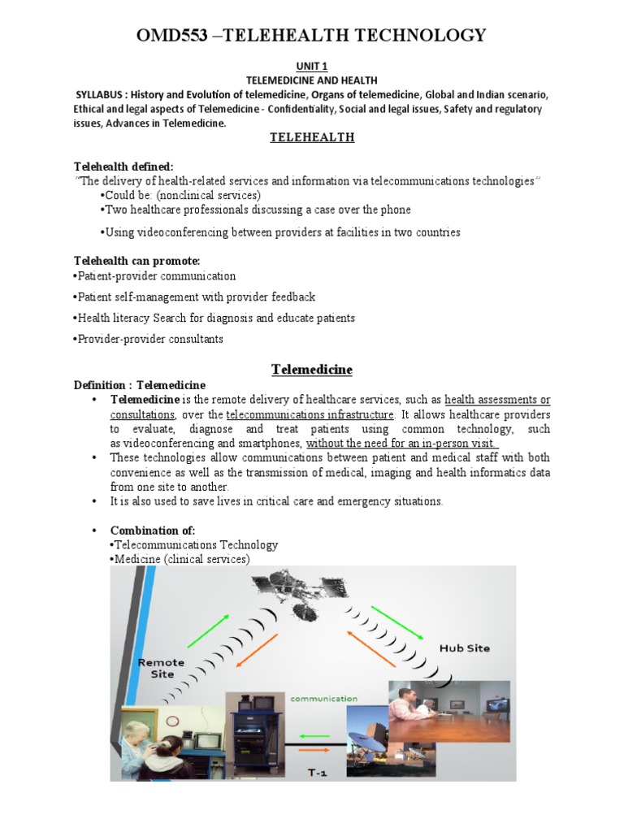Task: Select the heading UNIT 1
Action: pos(312,66)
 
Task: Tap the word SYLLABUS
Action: pos(102,94)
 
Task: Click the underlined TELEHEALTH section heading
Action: pos(312,137)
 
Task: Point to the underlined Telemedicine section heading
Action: pos(311,370)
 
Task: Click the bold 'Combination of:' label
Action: pos(153,531)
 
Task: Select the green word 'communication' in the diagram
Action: pos(324,698)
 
